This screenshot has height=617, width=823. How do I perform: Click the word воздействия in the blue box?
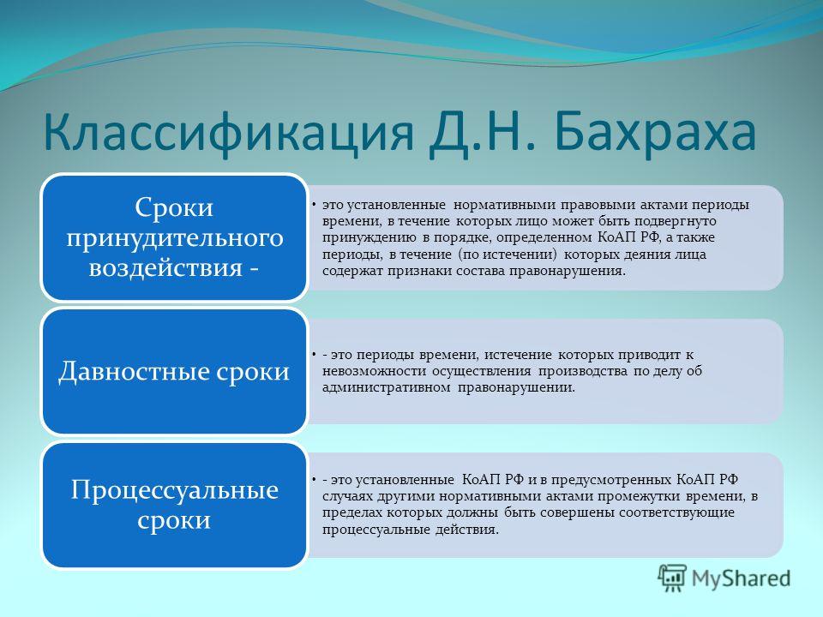166,267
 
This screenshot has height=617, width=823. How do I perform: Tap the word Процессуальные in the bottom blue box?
174,490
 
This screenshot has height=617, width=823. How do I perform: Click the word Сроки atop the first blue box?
174,207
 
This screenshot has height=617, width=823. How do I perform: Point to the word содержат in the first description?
353,272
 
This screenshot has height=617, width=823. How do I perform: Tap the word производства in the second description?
583,372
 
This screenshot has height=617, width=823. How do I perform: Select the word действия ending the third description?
466,530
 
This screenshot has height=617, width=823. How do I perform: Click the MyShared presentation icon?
672,578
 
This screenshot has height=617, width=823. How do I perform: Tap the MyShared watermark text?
741,578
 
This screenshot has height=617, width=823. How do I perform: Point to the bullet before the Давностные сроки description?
312,355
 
